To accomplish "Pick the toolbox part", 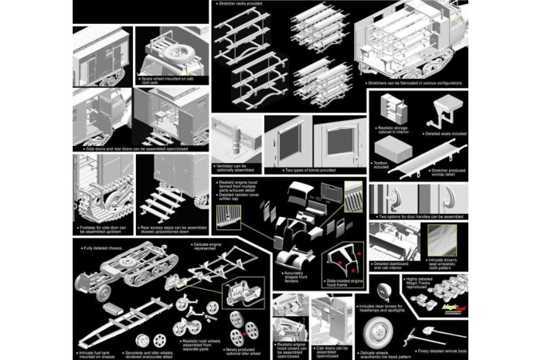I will pos(403,155).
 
